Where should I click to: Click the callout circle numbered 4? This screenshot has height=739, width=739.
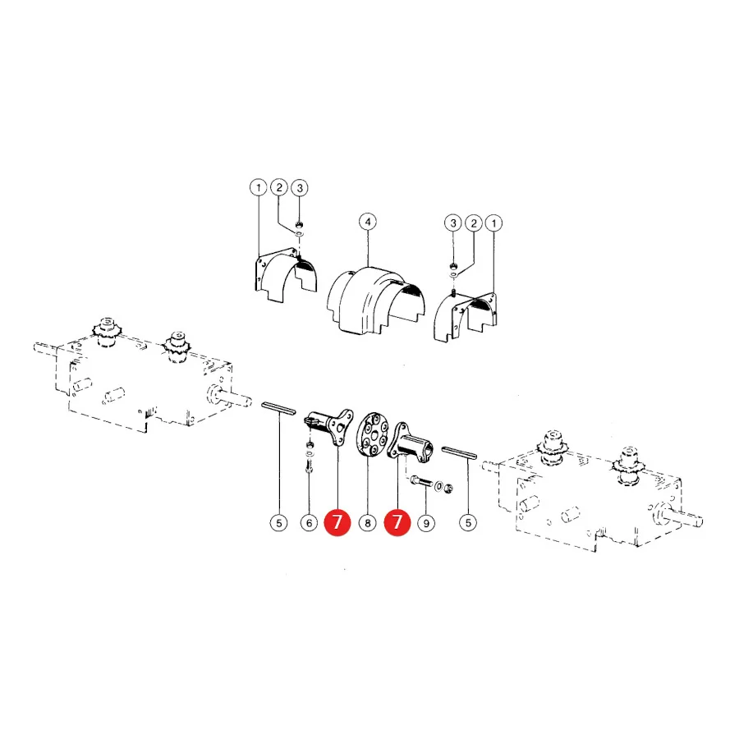pyautogui.click(x=368, y=222)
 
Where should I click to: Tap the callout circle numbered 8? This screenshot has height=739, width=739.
pyautogui.click(x=368, y=523)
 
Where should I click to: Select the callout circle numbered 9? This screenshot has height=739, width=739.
pyautogui.click(x=426, y=523)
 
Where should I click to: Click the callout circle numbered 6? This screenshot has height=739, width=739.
pyautogui.click(x=310, y=523)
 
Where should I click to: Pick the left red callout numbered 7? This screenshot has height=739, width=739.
pyautogui.click(x=337, y=522)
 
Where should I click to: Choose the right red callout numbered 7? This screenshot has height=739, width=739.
pyautogui.click(x=397, y=522)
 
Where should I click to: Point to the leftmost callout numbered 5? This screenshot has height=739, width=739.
pyautogui.click(x=279, y=523)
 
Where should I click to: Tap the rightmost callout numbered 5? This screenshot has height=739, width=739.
pyautogui.click(x=468, y=523)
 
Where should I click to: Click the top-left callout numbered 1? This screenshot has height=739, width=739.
pyautogui.click(x=259, y=188)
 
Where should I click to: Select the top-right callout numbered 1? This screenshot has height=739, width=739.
pyautogui.click(x=494, y=223)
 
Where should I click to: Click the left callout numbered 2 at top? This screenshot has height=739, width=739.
pyautogui.click(x=279, y=187)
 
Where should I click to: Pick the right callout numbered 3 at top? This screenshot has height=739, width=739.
pyautogui.click(x=453, y=223)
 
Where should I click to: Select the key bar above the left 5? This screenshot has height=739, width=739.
pyautogui.click(x=279, y=408)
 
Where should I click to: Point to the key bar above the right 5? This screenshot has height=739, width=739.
pyautogui.click(x=460, y=453)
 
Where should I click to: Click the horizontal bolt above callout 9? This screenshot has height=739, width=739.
pyautogui.click(x=421, y=482)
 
